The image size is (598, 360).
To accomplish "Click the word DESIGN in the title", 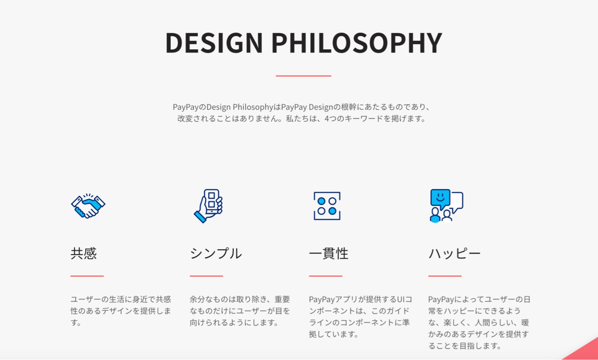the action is pos(214,43).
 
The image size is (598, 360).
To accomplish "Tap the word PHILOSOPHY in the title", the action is pos(357,43).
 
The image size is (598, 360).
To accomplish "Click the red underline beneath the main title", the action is pos(303,76).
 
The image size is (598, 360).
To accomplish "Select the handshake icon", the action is pos(88,206).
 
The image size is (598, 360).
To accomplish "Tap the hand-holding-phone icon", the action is pos(208,206).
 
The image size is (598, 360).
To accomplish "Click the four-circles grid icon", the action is pos(327,206).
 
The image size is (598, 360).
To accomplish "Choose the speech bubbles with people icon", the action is pos(446,206).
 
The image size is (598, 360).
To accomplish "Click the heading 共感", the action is pos(84,253).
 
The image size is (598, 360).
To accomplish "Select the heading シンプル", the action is pos(216,253).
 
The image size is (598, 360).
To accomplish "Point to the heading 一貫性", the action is pos(329,253).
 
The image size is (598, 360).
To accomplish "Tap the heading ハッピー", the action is pos(454,253).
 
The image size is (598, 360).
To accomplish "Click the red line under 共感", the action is pos(87,276).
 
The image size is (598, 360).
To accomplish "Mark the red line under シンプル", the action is pos(206,276).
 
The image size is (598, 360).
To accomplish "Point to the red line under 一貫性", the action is pos(326,276).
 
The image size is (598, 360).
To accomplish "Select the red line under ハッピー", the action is pos(445,276).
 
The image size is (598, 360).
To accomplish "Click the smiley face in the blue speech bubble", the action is pos(440,197).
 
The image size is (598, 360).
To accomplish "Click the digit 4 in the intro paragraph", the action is pos(327,118).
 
